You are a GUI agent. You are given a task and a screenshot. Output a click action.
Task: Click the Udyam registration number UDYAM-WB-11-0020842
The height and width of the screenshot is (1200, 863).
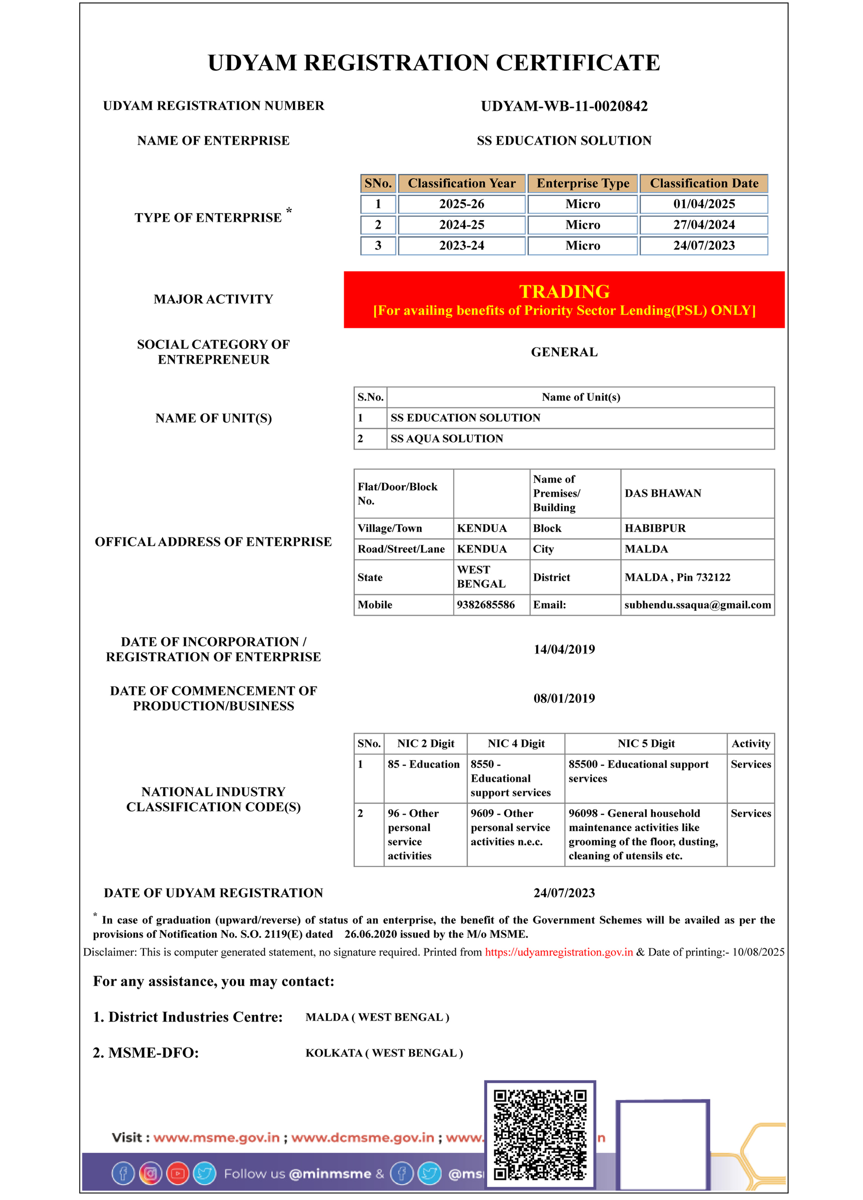564,106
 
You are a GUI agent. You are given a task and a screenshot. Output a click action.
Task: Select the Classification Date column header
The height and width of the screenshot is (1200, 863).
704,183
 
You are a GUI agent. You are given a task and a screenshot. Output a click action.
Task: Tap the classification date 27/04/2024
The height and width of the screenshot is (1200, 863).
704,225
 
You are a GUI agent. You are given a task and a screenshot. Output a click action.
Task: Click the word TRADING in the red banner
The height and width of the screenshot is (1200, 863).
564,292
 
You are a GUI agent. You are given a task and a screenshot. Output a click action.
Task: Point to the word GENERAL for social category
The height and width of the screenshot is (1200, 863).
564,352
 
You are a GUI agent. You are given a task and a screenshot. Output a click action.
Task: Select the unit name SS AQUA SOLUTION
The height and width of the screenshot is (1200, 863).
446,439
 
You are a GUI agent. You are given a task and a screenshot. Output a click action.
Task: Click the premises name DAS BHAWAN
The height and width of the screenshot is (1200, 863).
662,493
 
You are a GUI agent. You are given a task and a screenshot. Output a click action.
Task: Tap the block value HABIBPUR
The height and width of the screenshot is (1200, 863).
655,528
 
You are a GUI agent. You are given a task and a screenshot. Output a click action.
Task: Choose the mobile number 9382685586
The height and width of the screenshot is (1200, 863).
485,605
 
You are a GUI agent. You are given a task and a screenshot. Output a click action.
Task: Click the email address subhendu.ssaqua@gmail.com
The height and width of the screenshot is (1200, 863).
697,605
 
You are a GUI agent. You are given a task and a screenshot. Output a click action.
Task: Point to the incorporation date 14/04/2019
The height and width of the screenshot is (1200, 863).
564,649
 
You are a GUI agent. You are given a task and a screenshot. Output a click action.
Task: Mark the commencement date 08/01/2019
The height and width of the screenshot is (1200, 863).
564,699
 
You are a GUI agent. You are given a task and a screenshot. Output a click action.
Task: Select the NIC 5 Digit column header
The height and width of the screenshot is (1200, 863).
646,743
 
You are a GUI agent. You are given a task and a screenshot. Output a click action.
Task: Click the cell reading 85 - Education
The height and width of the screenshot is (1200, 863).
423,764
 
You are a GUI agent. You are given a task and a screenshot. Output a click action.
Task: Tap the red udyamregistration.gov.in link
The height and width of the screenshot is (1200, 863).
558,952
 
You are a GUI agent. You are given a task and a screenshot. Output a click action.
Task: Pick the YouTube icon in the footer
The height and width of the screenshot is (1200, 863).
178,1173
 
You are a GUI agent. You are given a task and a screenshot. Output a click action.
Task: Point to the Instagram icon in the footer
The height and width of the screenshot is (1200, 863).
150,1173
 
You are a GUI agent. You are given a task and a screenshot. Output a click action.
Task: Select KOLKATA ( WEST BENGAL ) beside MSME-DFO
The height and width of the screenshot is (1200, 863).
384,1053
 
